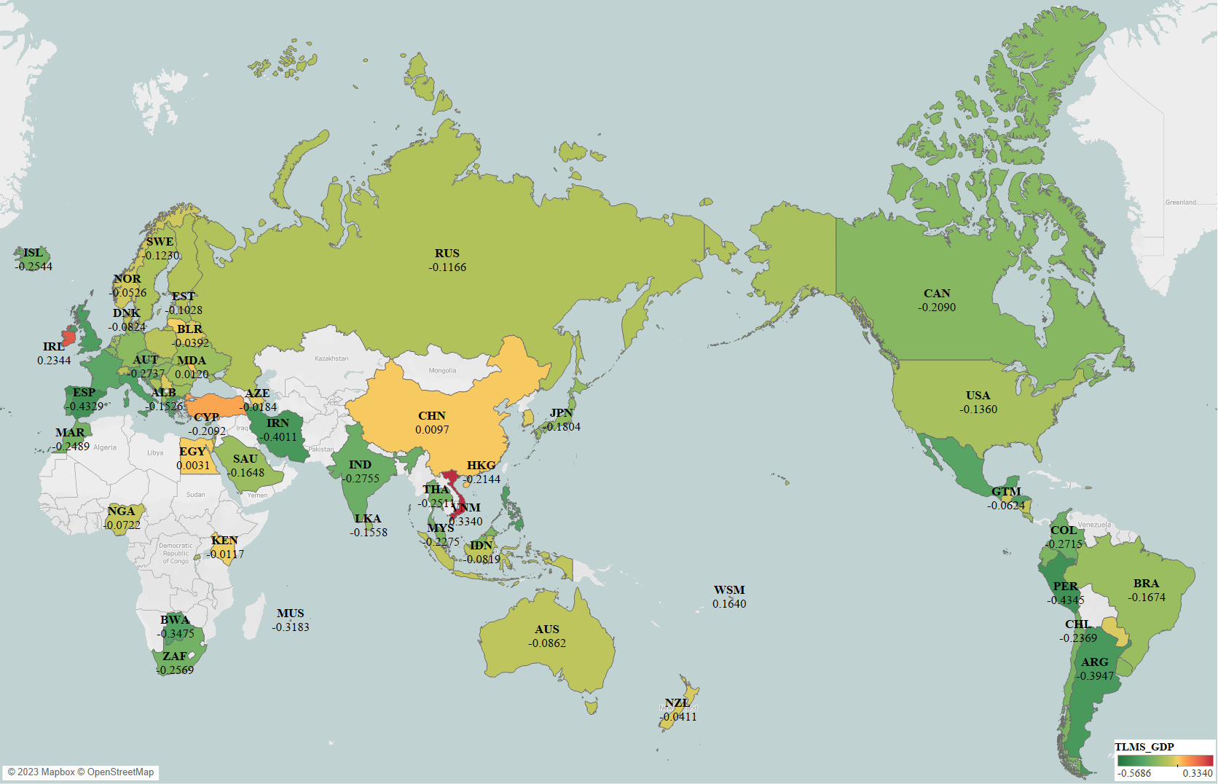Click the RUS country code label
(x=447, y=254)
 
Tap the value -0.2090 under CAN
(x=937, y=307)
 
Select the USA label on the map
(x=978, y=396)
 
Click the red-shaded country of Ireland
(x=68, y=337)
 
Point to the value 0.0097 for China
(x=432, y=430)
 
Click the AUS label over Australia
(x=547, y=630)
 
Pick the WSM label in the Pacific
(x=729, y=590)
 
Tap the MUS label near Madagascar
(x=291, y=614)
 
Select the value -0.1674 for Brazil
(x=1147, y=597)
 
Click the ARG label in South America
(x=1095, y=662)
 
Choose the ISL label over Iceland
(x=33, y=253)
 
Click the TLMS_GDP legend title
(x=1144, y=747)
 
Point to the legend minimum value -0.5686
(x=1134, y=773)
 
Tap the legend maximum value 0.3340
(x=1198, y=773)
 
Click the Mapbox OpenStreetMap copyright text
(x=81, y=772)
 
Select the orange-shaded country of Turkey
(x=215, y=405)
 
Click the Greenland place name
(x=1180, y=203)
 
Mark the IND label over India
(x=360, y=465)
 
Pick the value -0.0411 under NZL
(x=678, y=717)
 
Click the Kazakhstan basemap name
(x=331, y=358)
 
